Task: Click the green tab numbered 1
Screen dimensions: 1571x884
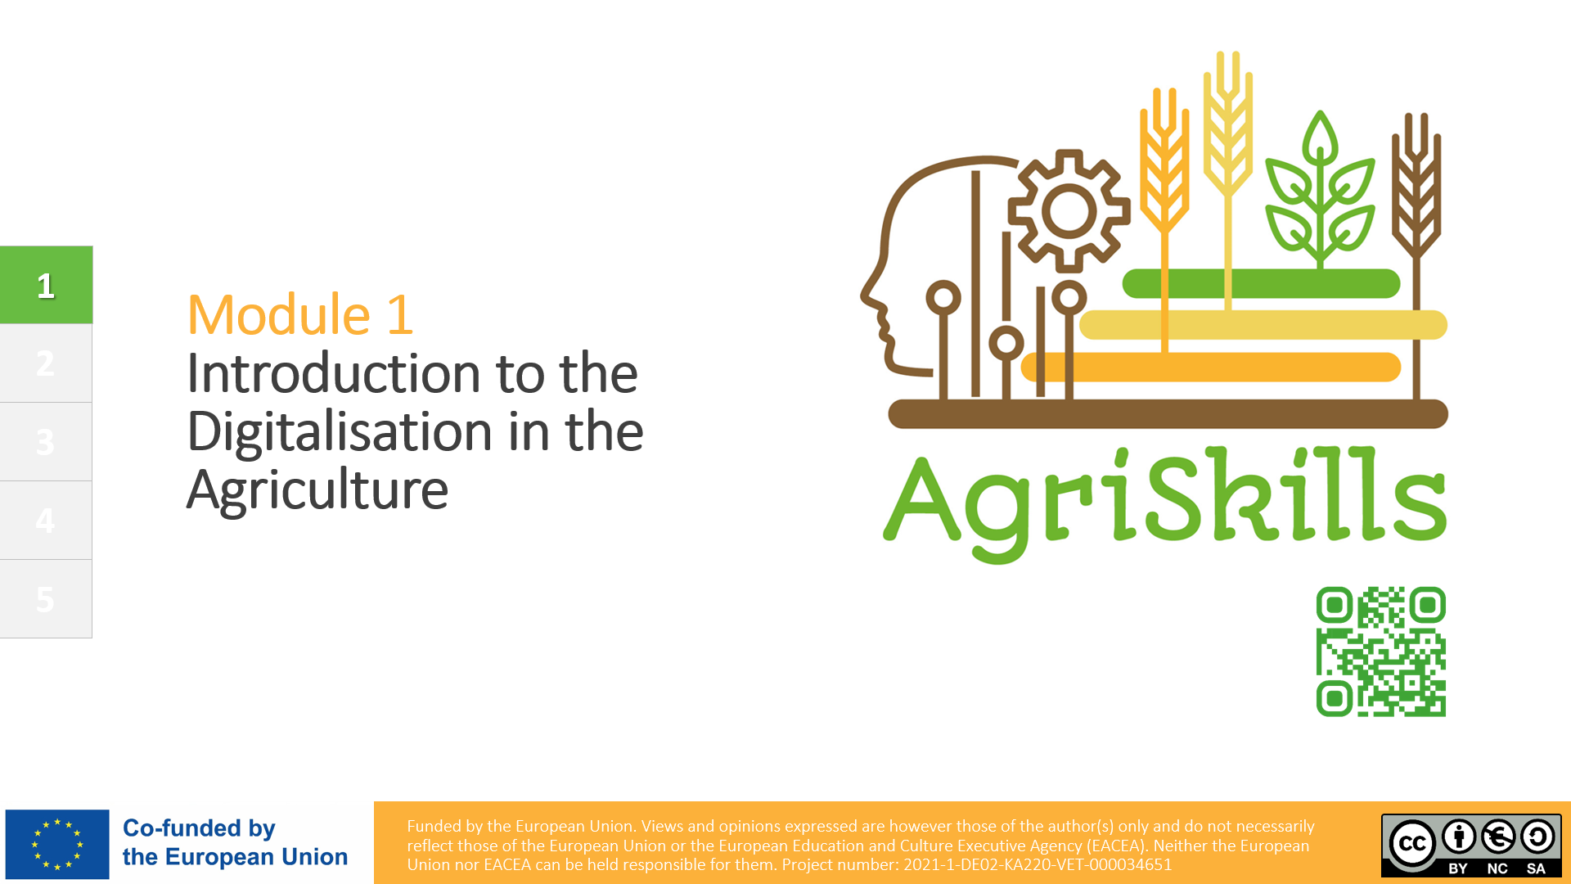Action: (x=46, y=285)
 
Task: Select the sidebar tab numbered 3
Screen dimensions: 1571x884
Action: (x=46, y=442)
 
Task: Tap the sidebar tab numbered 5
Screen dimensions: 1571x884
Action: (x=46, y=599)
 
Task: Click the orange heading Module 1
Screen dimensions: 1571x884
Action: (x=300, y=314)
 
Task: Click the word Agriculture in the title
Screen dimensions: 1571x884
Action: (x=317, y=490)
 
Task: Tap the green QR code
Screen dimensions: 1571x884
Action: (x=1381, y=652)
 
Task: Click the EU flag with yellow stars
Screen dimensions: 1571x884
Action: (x=57, y=844)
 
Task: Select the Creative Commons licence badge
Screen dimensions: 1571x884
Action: (x=1471, y=846)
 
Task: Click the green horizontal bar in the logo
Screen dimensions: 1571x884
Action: (x=1261, y=284)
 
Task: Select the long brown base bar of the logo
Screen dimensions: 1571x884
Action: (x=1168, y=414)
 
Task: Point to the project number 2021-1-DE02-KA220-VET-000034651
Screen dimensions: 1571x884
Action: (x=1038, y=865)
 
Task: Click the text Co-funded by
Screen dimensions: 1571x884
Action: (x=199, y=828)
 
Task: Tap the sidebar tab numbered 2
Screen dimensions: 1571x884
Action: (x=46, y=363)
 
